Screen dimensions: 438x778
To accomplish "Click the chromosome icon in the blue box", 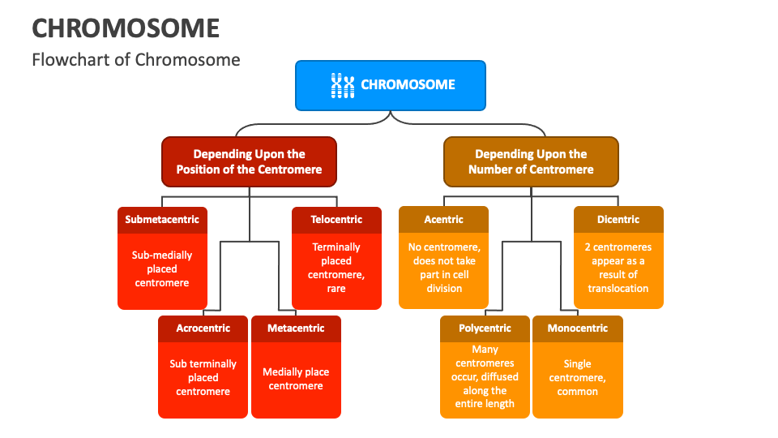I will pos(343,85).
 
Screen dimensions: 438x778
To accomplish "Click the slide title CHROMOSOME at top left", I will pos(126,28).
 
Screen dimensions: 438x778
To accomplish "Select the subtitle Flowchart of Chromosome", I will pos(136,59).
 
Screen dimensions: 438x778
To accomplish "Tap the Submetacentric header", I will pos(162,219).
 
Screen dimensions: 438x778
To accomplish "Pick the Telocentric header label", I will pos(336,219).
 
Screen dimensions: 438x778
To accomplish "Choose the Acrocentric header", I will pos(203,328).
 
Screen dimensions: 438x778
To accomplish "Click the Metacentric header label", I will pos(296,328).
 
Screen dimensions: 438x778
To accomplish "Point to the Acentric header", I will pos(444,219).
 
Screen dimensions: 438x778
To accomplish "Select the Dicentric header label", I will pos(618,219).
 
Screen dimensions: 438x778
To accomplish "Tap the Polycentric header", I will pos(485,328).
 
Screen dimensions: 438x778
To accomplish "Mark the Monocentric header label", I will pos(577,328).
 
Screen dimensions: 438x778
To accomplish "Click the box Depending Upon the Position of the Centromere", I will pos(249,161).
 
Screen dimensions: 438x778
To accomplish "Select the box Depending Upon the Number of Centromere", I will pos(531,161).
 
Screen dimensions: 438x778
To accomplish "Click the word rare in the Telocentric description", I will pos(336,289).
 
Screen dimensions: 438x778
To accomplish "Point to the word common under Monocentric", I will pos(578,392).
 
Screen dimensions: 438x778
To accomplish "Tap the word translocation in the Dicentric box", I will pos(618,289).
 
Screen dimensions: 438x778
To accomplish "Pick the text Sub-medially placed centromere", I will pos(162,268).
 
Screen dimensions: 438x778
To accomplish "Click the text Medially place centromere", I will pos(296,379).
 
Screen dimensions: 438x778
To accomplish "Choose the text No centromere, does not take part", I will pos(444,254).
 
